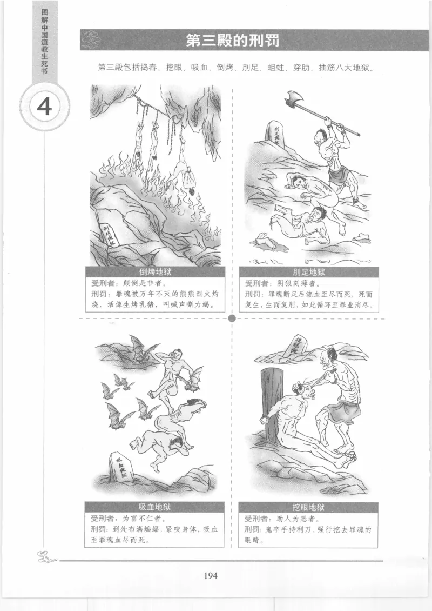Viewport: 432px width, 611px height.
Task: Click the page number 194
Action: click(x=211, y=575)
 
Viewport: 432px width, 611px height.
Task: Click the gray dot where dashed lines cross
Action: click(x=232, y=318)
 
